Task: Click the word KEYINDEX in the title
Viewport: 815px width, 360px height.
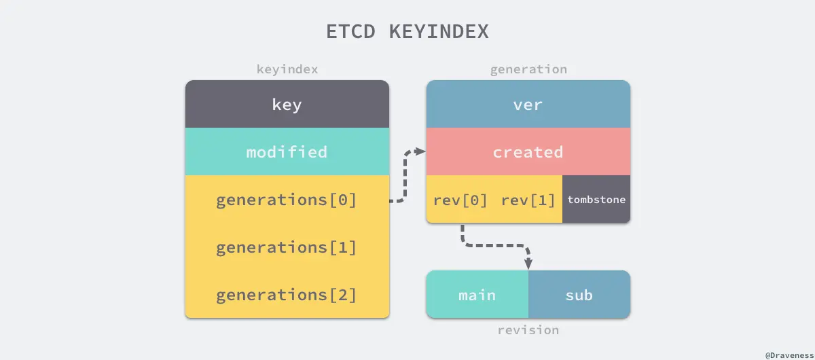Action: [x=439, y=33]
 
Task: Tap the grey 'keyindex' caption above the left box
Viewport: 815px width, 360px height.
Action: [x=287, y=69]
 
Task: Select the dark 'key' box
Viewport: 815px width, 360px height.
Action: [x=287, y=105]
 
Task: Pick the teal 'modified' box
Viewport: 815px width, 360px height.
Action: [x=287, y=151]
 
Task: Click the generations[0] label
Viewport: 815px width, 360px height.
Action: [x=287, y=200]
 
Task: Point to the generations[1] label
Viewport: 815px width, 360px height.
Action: [x=287, y=247]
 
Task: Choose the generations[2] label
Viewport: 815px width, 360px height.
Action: [x=287, y=295]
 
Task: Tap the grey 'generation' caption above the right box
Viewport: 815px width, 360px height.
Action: [x=528, y=69]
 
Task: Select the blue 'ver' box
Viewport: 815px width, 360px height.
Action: [x=528, y=105]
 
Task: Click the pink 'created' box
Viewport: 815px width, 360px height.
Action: [x=528, y=151]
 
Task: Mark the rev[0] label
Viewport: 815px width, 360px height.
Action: [x=460, y=200]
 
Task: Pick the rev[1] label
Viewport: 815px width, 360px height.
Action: [x=528, y=200]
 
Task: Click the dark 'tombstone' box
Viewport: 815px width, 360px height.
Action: [x=596, y=200]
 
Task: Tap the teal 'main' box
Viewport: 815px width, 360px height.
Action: [x=477, y=295]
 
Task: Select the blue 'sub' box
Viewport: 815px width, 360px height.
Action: [x=579, y=295]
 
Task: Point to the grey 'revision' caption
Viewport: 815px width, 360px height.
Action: [x=528, y=330]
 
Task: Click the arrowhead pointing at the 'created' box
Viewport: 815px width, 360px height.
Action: [x=420, y=151]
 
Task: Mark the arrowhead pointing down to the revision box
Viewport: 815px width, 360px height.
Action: [x=528, y=263]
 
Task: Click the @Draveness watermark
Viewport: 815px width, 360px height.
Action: [x=788, y=355]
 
